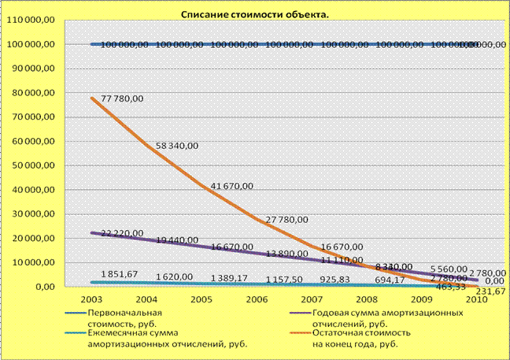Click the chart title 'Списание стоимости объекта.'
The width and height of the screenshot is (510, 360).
(255, 14)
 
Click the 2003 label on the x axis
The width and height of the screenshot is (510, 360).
(92, 300)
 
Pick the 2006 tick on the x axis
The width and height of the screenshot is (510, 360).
(257, 300)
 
